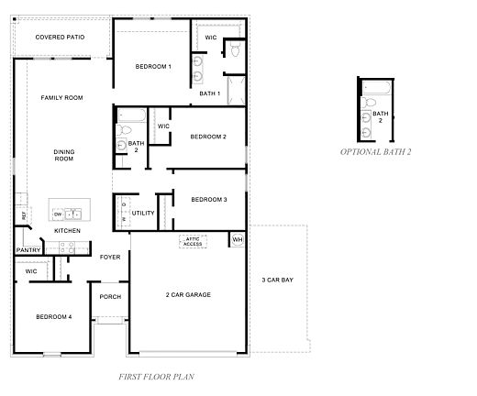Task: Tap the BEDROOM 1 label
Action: click(153, 67)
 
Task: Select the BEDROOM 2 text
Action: click(208, 137)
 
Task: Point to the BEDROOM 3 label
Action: click(208, 200)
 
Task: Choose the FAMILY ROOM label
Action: click(61, 97)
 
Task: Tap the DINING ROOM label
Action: click(63, 155)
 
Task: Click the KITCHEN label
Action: click(67, 230)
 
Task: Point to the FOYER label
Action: click(110, 258)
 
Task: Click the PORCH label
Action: click(110, 296)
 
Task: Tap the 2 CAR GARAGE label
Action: click(188, 294)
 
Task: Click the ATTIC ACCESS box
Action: click(193, 242)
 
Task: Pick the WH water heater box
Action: click(237, 240)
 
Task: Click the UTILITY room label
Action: click(143, 213)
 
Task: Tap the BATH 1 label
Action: click(210, 93)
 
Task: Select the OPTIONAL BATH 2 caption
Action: click(375, 151)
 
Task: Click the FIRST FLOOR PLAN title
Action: click(156, 376)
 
